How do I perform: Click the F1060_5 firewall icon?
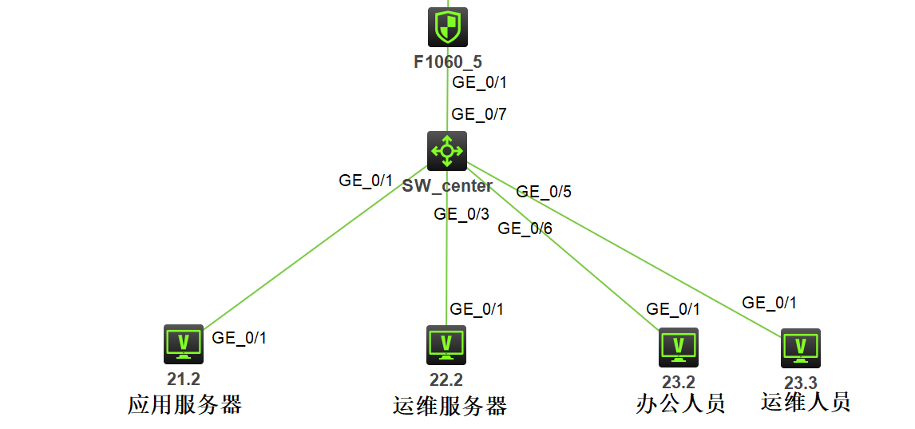pyautogui.click(x=447, y=28)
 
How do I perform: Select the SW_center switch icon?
pyautogui.click(x=446, y=151)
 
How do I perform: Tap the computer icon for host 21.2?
pyautogui.click(x=184, y=344)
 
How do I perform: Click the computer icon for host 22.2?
pyautogui.click(x=446, y=345)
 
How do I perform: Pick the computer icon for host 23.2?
pyautogui.click(x=678, y=347)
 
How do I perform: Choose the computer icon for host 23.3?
pyautogui.click(x=800, y=348)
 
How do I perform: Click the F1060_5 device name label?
pyautogui.click(x=447, y=62)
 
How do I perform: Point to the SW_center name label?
pyautogui.click(x=447, y=186)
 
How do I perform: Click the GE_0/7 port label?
pyautogui.click(x=479, y=114)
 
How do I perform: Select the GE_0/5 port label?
pyautogui.click(x=544, y=192)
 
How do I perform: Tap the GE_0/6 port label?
pyautogui.click(x=525, y=228)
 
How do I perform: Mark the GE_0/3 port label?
pyautogui.click(x=461, y=214)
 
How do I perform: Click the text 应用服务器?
pyautogui.click(x=184, y=404)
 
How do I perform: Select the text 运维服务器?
pyautogui.click(x=450, y=406)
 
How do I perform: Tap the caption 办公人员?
pyautogui.click(x=680, y=403)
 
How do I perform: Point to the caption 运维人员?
pyautogui.click(x=806, y=401)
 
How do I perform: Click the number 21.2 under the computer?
pyautogui.click(x=184, y=379)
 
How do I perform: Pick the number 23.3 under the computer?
pyautogui.click(x=800, y=383)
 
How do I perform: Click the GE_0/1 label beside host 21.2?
pyautogui.click(x=239, y=338)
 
